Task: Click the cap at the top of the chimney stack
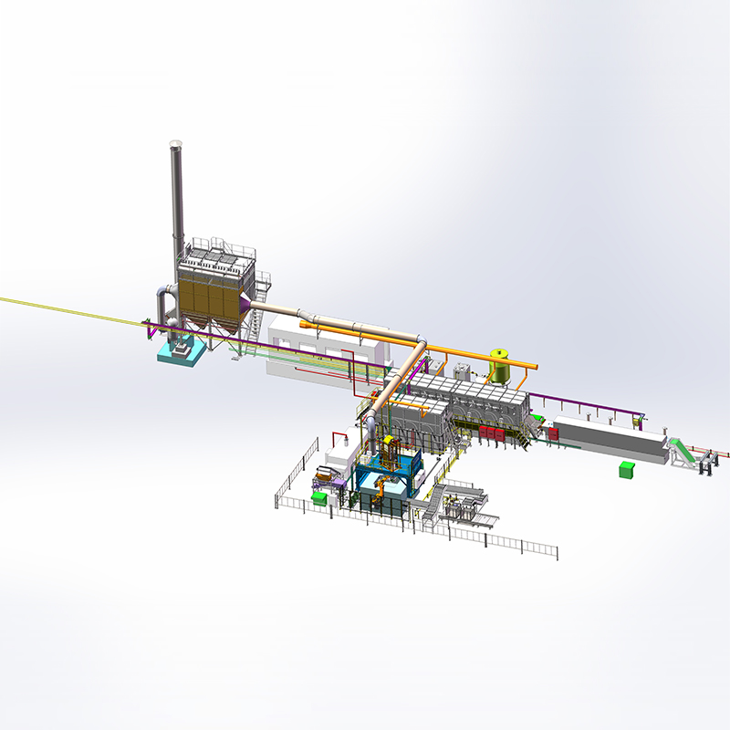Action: [x=176, y=144]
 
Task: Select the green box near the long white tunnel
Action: [x=626, y=469]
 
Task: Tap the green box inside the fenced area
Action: [x=319, y=498]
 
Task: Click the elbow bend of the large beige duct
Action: [x=419, y=344]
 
